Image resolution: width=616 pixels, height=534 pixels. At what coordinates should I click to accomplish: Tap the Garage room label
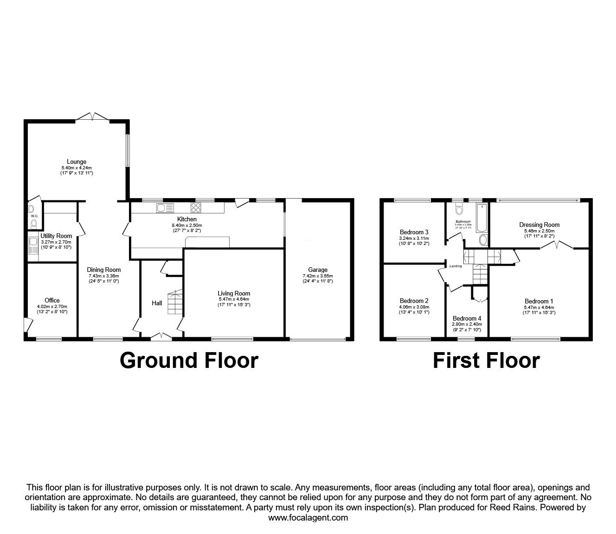tap(318, 270)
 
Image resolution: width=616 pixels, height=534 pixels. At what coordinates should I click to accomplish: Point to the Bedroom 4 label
tap(467, 318)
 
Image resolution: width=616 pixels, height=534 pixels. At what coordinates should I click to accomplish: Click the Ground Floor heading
tap(189, 360)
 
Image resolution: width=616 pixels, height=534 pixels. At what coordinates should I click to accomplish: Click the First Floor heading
tap(486, 360)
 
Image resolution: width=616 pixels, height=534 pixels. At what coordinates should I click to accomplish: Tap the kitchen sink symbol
tap(165, 208)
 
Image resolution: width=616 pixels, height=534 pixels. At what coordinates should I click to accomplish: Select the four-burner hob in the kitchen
tap(195, 208)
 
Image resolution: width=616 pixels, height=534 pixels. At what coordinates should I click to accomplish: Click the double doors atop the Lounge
tap(93, 116)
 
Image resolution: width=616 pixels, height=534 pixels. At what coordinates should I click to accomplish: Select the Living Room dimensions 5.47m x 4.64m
tap(234, 299)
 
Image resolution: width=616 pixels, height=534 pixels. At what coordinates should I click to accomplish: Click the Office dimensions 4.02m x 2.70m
tap(52, 306)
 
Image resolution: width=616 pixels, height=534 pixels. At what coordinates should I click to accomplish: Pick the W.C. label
tap(34, 216)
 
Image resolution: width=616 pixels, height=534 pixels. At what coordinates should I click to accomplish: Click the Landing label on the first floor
tap(456, 266)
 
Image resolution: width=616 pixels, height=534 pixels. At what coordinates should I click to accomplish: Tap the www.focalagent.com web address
tap(308, 518)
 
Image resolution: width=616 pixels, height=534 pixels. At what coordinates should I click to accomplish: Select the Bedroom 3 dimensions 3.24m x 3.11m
tap(414, 238)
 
